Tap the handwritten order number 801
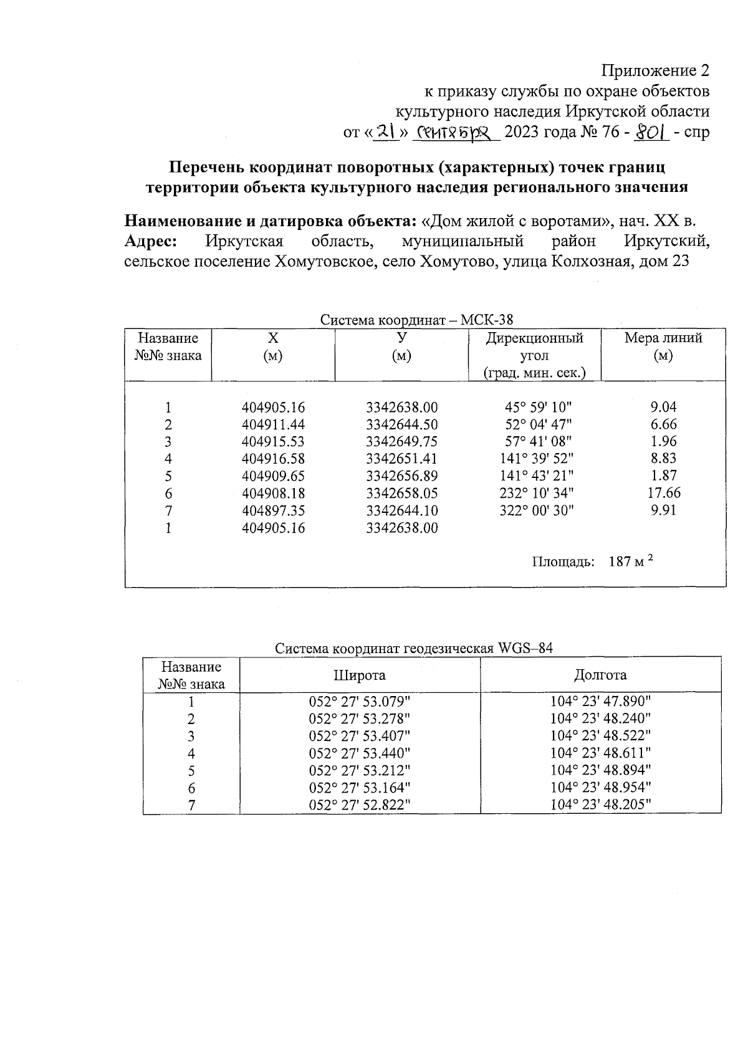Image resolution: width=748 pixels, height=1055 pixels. point(651,132)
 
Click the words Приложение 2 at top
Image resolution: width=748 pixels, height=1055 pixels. point(655,70)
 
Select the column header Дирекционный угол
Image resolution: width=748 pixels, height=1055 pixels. point(534,356)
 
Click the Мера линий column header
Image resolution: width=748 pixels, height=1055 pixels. point(663,347)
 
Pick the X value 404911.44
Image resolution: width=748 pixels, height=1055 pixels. point(273,425)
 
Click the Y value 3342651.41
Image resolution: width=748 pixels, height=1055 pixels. point(401,459)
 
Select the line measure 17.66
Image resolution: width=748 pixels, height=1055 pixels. point(664,493)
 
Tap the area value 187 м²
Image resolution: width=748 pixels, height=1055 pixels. point(631,561)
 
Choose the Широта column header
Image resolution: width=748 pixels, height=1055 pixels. point(360,675)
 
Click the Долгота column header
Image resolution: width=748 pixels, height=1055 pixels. point(600,675)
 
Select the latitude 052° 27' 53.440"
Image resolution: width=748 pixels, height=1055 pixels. point(360,753)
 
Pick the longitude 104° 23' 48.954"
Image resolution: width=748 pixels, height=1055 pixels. point(600,787)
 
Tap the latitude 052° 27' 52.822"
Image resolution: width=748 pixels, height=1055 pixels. point(360,804)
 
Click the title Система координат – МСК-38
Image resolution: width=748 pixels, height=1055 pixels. point(416,320)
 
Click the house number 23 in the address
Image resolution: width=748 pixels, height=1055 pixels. point(679,261)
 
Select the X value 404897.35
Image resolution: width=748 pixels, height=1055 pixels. point(273,510)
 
